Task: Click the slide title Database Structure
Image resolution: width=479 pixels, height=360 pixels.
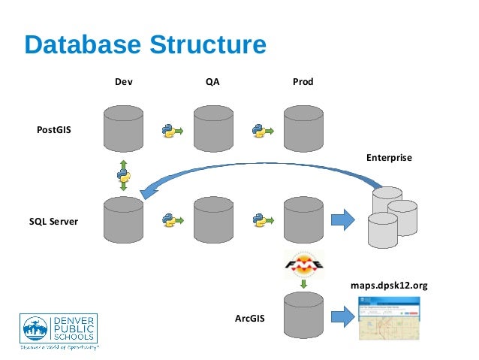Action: click(x=145, y=44)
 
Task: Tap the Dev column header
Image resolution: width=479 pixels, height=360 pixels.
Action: click(x=124, y=80)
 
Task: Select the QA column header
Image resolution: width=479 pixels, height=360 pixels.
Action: click(x=212, y=80)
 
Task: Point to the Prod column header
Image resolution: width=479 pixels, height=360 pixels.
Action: click(x=303, y=80)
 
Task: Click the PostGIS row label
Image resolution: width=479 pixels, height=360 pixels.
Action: click(x=55, y=130)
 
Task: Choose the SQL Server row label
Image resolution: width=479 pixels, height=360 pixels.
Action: click(x=55, y=222)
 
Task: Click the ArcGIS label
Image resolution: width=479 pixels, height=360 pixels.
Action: click(x=249, y=319)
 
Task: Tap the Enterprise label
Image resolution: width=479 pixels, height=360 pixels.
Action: click(x=389, y=159)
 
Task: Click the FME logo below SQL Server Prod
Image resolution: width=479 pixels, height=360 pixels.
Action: click(x=303, y=265)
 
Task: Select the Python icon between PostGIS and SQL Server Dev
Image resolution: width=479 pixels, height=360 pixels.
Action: click(x=123, y=176)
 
